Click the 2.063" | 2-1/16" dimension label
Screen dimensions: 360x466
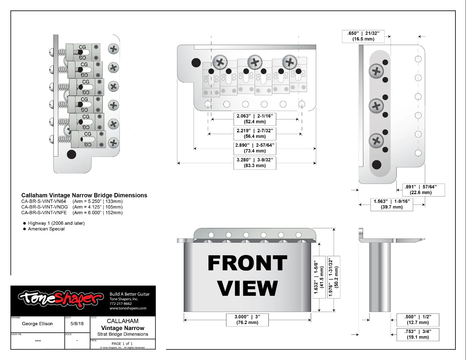tap(255, 119)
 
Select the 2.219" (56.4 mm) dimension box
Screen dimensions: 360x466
tap(255, 133)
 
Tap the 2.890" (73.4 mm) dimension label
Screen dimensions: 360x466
tap(255, 148)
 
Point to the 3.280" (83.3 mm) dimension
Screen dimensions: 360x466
tap(255, 163)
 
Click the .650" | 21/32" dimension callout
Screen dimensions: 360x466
tap(363, 36)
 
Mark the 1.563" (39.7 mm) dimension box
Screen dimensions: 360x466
tap(392, 204)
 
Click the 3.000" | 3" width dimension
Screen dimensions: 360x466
tap(247, 319)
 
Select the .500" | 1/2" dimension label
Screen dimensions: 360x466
tap(418, 319)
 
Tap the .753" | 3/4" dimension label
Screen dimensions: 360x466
tap(418, 334)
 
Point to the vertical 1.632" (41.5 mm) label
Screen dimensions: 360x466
tap(319, 277)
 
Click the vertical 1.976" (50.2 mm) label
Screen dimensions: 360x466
tap(334, 277)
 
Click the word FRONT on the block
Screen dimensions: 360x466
tap(247, 263)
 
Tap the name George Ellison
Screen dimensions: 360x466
tap(37, 324)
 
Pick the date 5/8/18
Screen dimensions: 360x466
tap(77, 324)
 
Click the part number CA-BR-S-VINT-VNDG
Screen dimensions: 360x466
tap(44, 207)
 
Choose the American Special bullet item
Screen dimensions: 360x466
tap(46, 229)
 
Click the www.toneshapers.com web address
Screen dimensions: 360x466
tap(128, 308)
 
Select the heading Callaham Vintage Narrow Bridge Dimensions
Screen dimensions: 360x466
tap(84, 195)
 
